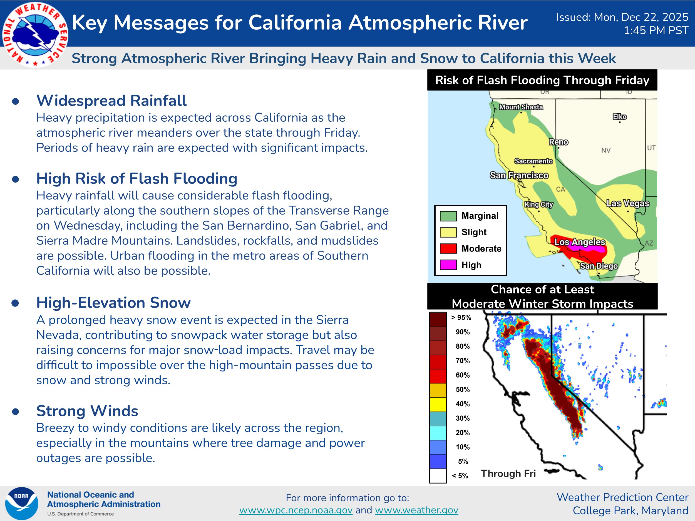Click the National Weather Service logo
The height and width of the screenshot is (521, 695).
pyautogui.click(x=35, y=34)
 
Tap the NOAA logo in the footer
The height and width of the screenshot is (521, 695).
pyautogui.click(x=22, y=503)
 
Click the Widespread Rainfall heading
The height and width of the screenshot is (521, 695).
pyautogui.click(x=111, y=101)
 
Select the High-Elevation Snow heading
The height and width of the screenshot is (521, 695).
pyautogui.click(x=113, y=303)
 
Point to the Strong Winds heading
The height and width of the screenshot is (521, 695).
pyautogui.click(x=87, y=411)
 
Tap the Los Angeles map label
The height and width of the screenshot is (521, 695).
pyautogui.click(x=580, y=242)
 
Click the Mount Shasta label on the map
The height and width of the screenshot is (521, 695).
pyautogui.click(x=521, y=107)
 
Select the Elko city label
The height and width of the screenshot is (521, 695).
pyautogui.click(x=620, y=117)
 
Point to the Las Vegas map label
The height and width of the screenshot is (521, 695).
pyautogui.click(x=628, y=203)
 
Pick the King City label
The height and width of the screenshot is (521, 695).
pyautogui.click(x=538, y=205)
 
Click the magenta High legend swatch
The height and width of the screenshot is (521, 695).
pyautogui.click(x=448, y=265)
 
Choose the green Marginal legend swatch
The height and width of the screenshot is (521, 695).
pyautogui.click(x=448, y=216)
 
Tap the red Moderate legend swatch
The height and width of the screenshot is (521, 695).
pyautogui.click(x=448, y=248)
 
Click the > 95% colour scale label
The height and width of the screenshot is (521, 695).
pyautogui.click(x=461, y=318)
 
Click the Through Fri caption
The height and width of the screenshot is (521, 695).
pyautogui.click(x=508, y=473)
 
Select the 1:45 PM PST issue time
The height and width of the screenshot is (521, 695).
pyautogui.click(x=656, y=31)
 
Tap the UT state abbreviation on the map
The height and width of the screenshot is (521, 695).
pyautogui.click(x=651, y=148)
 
